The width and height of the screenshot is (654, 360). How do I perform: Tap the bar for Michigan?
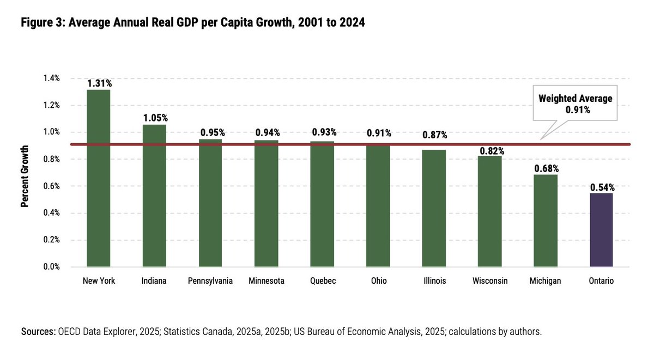(546, 221)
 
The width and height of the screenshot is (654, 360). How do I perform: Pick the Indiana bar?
(154, 196)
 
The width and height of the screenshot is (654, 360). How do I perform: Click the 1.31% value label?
(99, 83)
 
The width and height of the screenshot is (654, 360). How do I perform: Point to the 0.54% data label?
(602, 187)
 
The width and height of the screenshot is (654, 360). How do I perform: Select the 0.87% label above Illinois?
(434, 135)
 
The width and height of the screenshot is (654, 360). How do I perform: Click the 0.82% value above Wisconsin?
(491, 150)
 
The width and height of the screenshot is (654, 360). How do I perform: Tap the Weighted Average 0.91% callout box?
(575, 103)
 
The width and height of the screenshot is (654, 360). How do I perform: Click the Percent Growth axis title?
(25, 176)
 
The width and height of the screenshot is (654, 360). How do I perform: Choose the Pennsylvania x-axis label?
(210, 281)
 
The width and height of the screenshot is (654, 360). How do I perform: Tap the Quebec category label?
(322, 281)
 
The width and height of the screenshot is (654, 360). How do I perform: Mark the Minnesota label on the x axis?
(266, 281)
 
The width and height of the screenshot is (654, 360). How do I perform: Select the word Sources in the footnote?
(38, 332)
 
